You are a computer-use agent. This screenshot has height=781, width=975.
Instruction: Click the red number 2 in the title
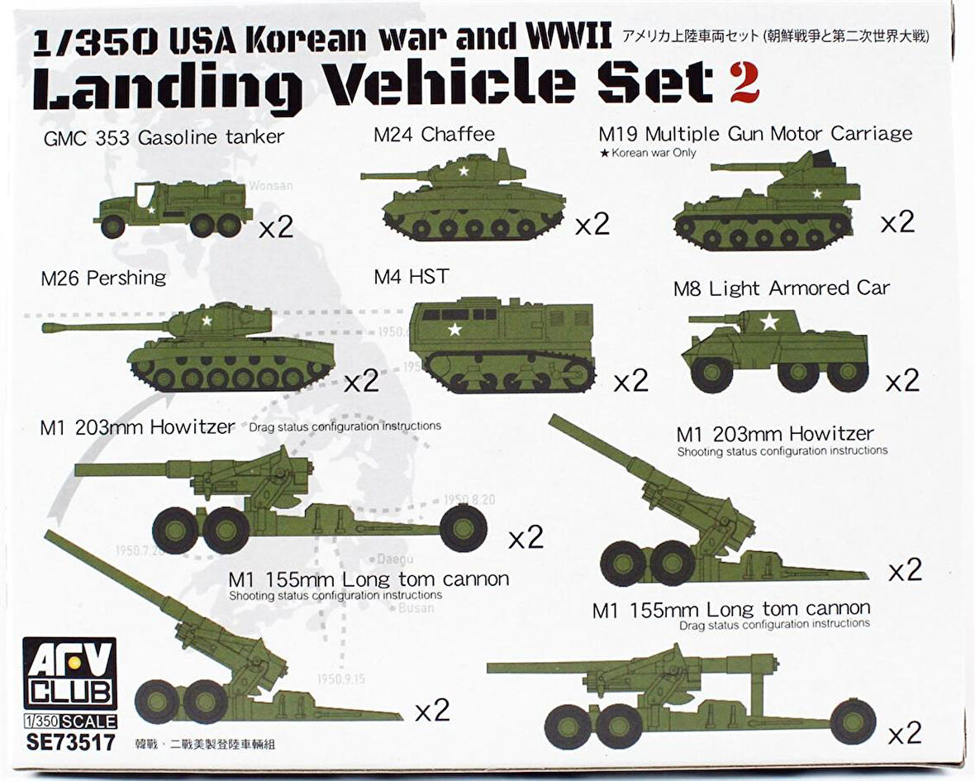pos(743,83)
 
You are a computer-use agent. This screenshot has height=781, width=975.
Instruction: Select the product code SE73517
pos(70,741)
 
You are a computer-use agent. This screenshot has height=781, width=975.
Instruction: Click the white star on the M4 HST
pos(454,330)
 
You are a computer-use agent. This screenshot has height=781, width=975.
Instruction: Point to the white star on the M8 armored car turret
pos(769,321)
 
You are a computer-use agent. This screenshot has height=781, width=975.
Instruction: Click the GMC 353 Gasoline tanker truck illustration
pos(174,208)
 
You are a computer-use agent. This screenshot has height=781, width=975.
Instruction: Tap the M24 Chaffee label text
pos(433,134)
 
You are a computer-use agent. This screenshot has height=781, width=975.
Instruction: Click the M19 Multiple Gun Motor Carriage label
pos(755,134)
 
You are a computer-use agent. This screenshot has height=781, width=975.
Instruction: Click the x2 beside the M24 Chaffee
pos(592,223)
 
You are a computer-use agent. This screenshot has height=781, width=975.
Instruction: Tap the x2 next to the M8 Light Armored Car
pos(901,381)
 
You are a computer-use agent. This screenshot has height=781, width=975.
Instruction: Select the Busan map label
pos(416,608)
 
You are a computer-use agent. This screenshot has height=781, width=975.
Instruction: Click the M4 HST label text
pos(411,276)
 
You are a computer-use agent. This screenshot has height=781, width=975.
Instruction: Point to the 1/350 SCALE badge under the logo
pos(70,721)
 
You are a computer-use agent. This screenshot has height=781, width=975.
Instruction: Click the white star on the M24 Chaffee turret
pos(464,172)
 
